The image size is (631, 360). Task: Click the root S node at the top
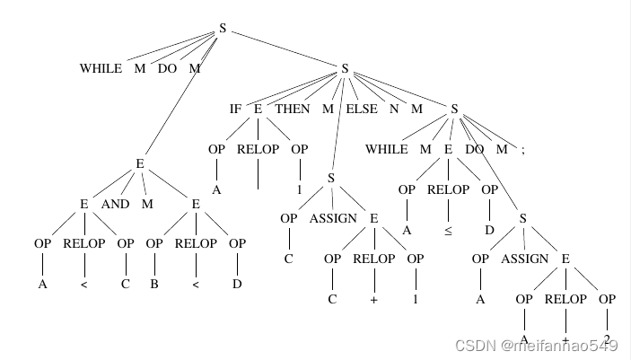coord(223,29)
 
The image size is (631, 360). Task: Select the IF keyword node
coord(235,109)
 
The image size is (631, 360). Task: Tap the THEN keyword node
coord(293,109)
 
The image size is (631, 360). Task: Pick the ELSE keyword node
coord(362,109)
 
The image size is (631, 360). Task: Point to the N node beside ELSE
coord(394,109)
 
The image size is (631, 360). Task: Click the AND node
coord(115,204)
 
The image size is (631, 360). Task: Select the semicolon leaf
coord(522,149)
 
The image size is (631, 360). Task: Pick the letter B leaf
coord(153,285)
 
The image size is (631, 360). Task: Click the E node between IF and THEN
coord(258,109)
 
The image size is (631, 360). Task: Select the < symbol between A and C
coord(84,285)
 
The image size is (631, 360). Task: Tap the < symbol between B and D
coord(195,285)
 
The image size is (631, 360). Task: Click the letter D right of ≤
coord(489,230)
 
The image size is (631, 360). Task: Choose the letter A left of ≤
coord(407,230)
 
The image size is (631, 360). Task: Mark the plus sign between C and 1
coord(372,299)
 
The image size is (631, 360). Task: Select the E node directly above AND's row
coord(140,163)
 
